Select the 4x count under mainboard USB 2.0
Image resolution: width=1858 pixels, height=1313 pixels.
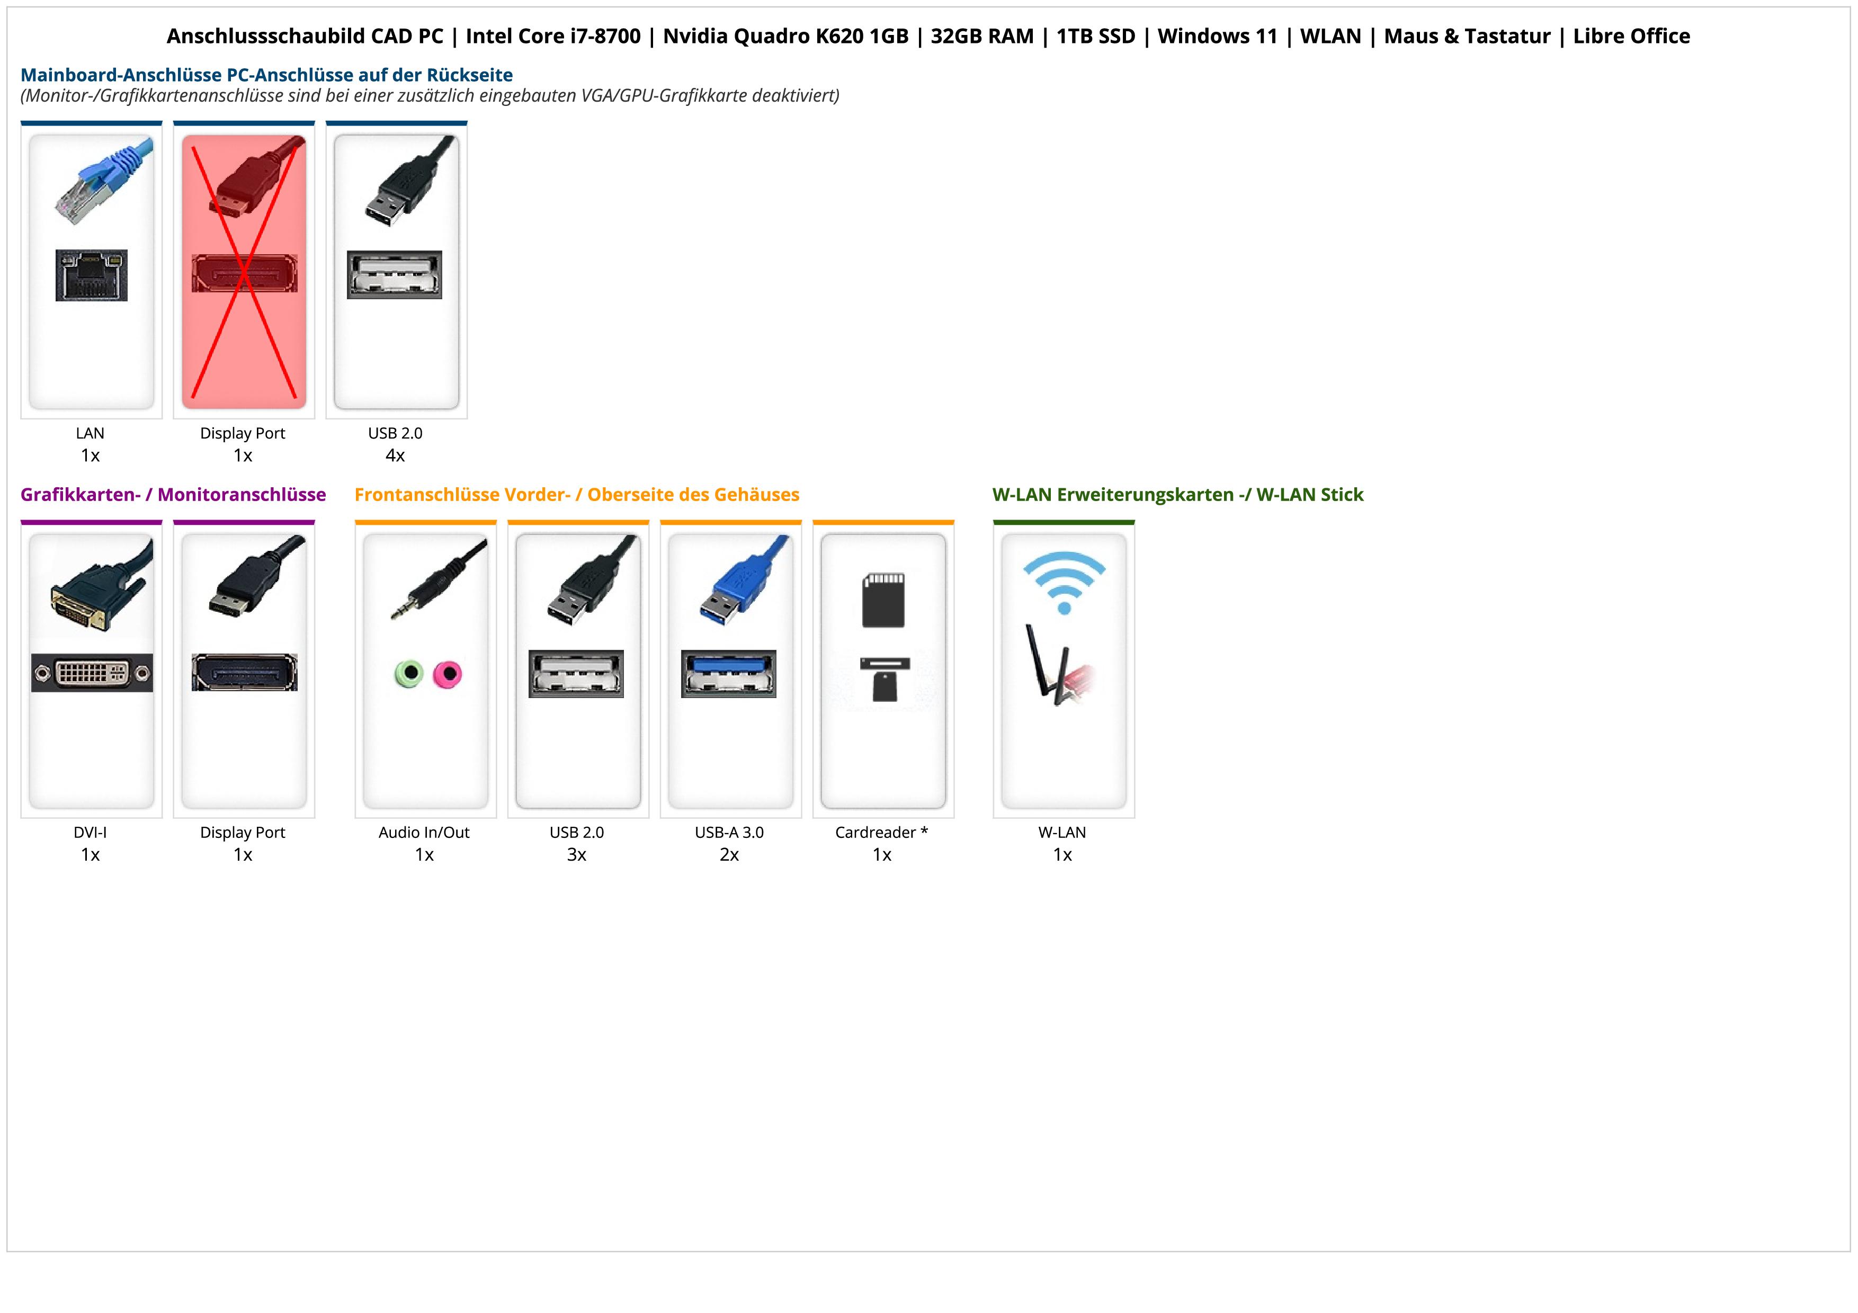coord(395,455)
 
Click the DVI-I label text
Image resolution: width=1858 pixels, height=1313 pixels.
coord(90,833)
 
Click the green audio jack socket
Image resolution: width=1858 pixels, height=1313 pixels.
coord(409,673)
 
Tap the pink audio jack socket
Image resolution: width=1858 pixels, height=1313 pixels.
coord(446,673)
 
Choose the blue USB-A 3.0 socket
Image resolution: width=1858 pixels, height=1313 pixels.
coord(728,673)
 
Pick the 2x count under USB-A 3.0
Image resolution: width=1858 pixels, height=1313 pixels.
coord(729,855)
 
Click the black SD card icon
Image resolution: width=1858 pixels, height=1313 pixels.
coord(883,600)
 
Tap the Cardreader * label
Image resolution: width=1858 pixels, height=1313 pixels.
coord(881,833)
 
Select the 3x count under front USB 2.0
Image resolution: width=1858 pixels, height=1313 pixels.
coord(576,855)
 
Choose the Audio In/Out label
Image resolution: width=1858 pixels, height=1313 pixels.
coord(424,833)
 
